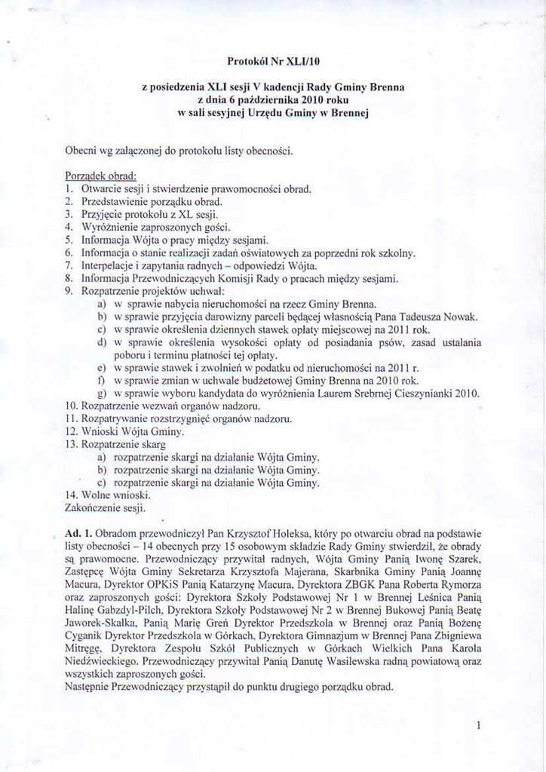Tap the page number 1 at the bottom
point(479,725)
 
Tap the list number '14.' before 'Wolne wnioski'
point(73,495)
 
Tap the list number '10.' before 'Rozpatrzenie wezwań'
point(73,406)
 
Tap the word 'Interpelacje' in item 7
point(109,265)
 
